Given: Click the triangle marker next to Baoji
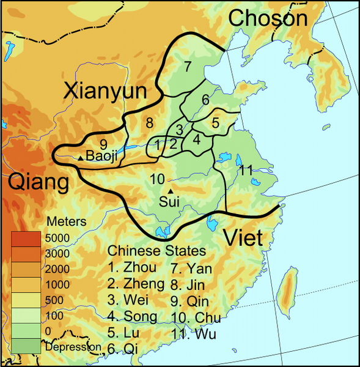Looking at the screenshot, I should (80, 158).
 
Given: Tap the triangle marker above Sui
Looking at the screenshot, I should (170, 191).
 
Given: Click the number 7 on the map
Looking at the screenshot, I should (187, 65).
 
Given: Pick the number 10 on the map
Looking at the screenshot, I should (157, 179).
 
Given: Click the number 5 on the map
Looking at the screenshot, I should (215, 122).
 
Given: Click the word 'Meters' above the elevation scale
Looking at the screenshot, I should (67, 221).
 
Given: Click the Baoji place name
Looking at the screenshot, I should (100, 156).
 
